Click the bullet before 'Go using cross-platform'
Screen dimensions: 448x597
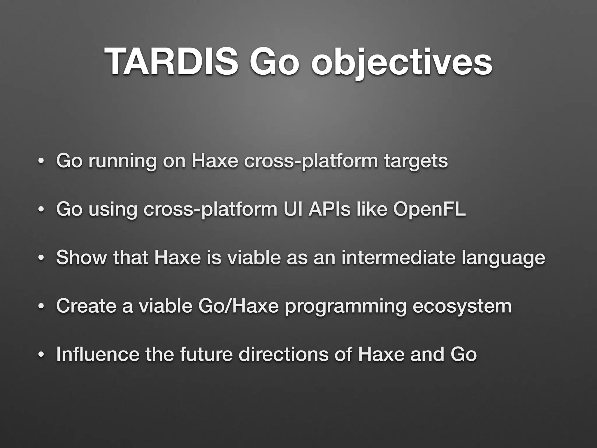(41, 210)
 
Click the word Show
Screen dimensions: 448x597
(81, 258)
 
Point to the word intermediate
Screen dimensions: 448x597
(398, 258)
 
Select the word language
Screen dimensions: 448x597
(503, 258)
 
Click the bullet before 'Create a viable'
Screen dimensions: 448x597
(41, 307)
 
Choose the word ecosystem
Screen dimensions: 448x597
(462, 307)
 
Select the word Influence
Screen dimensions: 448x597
(98, 354)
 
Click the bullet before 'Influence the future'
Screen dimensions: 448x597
(41, 355)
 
